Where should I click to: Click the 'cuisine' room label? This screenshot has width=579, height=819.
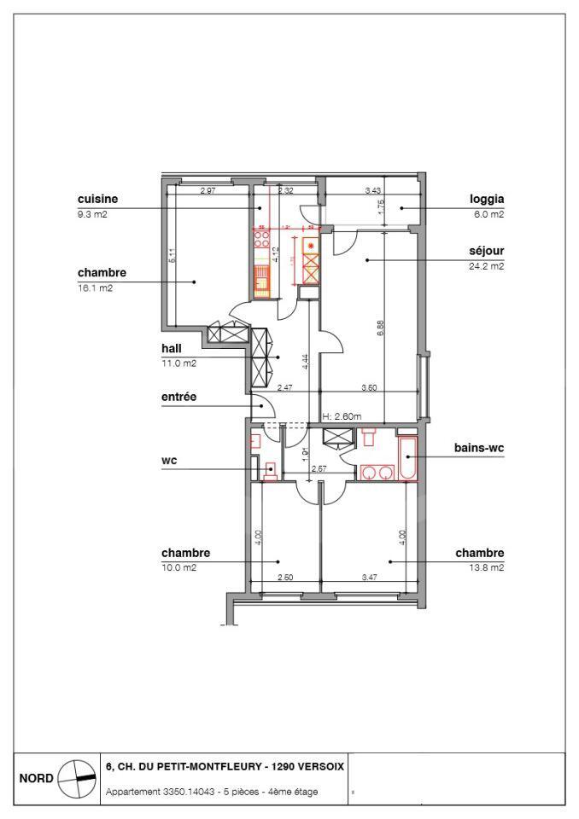point(96,199)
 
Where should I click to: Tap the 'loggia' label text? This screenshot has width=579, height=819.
point(486,199)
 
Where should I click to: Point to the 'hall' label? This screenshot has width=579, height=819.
point(173,349)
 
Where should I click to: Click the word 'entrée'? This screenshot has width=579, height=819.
point(179,397)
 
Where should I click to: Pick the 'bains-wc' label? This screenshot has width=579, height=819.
point(478,448)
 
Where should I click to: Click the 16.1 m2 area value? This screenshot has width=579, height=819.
point(94,288)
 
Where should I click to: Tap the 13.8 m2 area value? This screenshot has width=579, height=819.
point(487,567)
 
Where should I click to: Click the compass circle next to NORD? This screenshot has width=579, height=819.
point(76,778)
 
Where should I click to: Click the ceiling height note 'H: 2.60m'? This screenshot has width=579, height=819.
point(342,416)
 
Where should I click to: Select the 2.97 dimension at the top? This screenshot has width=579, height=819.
point(208,189)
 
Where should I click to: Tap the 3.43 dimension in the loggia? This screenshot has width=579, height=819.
point(372,189)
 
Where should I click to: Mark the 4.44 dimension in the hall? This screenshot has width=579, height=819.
point(305,361)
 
